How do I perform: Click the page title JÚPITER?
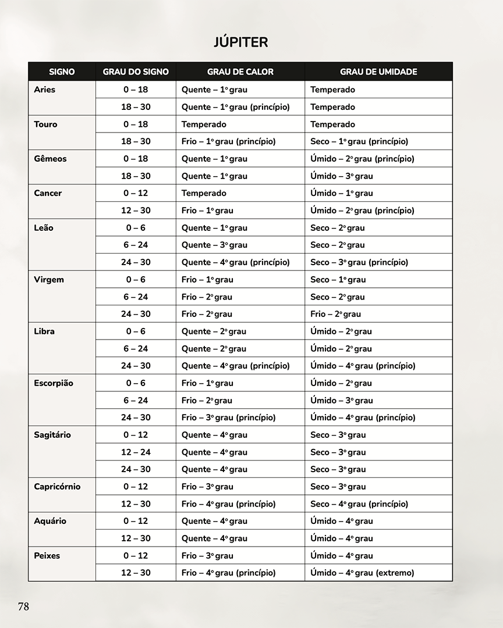click(x=240, y=42)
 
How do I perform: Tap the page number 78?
click(x=23, y=606)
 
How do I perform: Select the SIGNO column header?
click(x=62, y=72)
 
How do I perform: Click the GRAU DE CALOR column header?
click(x=240, y=72)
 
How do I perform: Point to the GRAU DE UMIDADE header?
click(x=378, y=72)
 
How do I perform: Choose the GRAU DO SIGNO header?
click(x=136, y=72)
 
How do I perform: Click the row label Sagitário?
click(x=52, y=435)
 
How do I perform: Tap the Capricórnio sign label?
click(x=57, y=487)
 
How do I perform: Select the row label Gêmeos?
click(x=50, y=159)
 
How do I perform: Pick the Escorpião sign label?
click(x=54, y=383)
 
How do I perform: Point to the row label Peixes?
click(x=47, y=555)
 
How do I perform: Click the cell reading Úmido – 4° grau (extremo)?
click(x=362, y=573)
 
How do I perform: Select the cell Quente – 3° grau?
click(x=214, y=245)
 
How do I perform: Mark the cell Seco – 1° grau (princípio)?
click(x=359, y=141)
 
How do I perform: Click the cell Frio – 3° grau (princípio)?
click(x=228, y=418)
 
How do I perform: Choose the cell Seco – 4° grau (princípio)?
click(x=359, y=504)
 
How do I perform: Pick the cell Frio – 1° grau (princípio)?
click(x=228, y=141)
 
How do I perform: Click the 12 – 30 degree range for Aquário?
click(x=136, y=538)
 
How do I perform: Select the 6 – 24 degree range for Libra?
click(x=136, y=348)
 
